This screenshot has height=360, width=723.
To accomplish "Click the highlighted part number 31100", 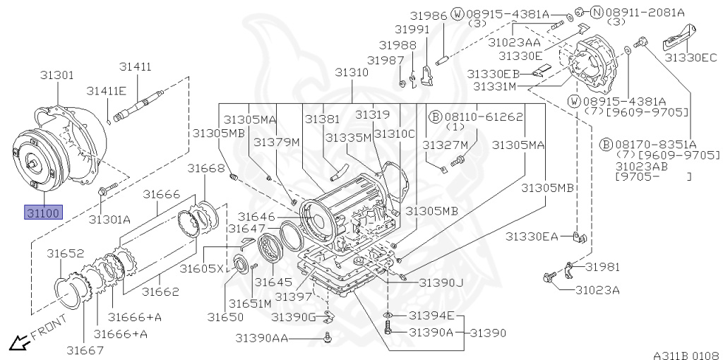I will tap(43, 212).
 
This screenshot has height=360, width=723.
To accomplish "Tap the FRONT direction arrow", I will tap(17, 343).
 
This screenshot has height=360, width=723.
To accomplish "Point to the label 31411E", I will tap(107, 90).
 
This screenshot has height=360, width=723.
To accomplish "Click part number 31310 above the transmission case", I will tap(352, 72).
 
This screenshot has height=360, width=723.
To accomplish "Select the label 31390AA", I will tap(261, 338).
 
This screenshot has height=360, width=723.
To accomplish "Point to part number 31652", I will tap(66, 253).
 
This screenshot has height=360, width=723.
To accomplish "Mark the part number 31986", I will tap(430, 14).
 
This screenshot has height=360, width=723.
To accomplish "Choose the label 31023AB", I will tap(640, 167).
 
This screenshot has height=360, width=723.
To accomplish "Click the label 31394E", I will tap(432, 316).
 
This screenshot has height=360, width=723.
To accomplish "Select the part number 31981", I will tap(602, 266).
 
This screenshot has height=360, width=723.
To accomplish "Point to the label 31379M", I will tap(277, 142).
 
